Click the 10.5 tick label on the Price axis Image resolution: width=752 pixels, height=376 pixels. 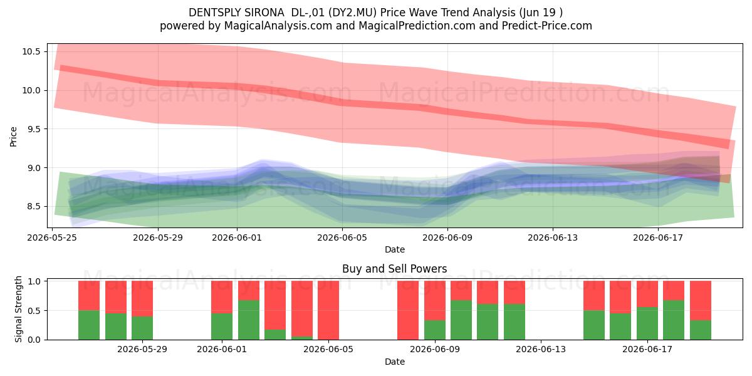tap(31, 51)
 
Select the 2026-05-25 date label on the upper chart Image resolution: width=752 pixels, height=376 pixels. tap(52, 238)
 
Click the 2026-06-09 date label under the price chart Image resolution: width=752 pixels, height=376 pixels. tap(447, 238)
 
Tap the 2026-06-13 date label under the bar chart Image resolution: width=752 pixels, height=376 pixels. tap(540, 350)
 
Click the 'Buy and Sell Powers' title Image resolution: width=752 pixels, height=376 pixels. tap(394, 269)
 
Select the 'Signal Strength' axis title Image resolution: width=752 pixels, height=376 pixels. tap(18, 309)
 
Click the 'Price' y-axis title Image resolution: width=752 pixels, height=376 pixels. tap(13, 137)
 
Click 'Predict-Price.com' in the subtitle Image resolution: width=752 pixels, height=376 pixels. tap(547, 26)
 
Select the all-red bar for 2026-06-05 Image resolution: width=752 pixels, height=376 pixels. tap(328, 310)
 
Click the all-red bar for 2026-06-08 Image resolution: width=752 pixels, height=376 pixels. tap(408, 310)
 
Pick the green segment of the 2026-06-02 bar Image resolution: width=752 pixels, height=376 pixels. tap(249, 320)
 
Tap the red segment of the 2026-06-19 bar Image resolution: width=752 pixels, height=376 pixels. tap(701, 300)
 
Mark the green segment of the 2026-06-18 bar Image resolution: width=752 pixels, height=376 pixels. tap(674, 320)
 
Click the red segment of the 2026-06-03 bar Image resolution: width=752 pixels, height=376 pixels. tap(275, 305)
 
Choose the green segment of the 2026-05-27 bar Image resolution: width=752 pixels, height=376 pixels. tap(116, 326)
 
